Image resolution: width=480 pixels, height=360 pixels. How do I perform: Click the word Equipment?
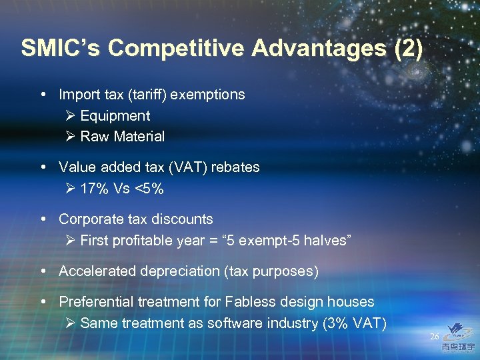click(115, 116)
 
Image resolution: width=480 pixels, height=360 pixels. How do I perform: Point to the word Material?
click(139, 137)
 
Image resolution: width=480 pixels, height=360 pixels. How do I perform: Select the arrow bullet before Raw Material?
click(71, 137)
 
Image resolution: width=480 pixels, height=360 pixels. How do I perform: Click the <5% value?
click(149, 189)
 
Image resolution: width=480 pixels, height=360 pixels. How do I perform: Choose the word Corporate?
click(89, 219)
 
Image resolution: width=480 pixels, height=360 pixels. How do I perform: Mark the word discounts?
click(183, 219)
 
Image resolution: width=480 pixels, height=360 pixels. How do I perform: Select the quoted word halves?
click(326, 240)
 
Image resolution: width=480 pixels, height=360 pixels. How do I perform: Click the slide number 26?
click(435, 337)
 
